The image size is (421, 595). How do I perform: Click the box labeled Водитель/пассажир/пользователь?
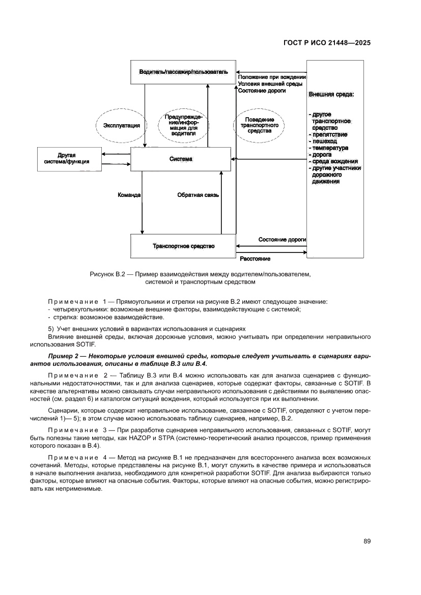(183, 72)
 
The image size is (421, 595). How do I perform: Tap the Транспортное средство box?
(183, 246)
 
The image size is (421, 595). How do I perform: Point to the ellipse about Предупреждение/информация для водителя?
(183, 125)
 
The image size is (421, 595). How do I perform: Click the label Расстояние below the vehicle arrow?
(255, 259)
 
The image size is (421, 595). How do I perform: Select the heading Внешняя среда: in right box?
(331, 95)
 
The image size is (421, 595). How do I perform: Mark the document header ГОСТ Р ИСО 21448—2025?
(326, 43)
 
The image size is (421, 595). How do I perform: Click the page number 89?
(367, 541)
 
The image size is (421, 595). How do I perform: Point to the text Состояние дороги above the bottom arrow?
(282, 239)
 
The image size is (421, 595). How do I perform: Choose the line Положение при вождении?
(271, 77)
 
